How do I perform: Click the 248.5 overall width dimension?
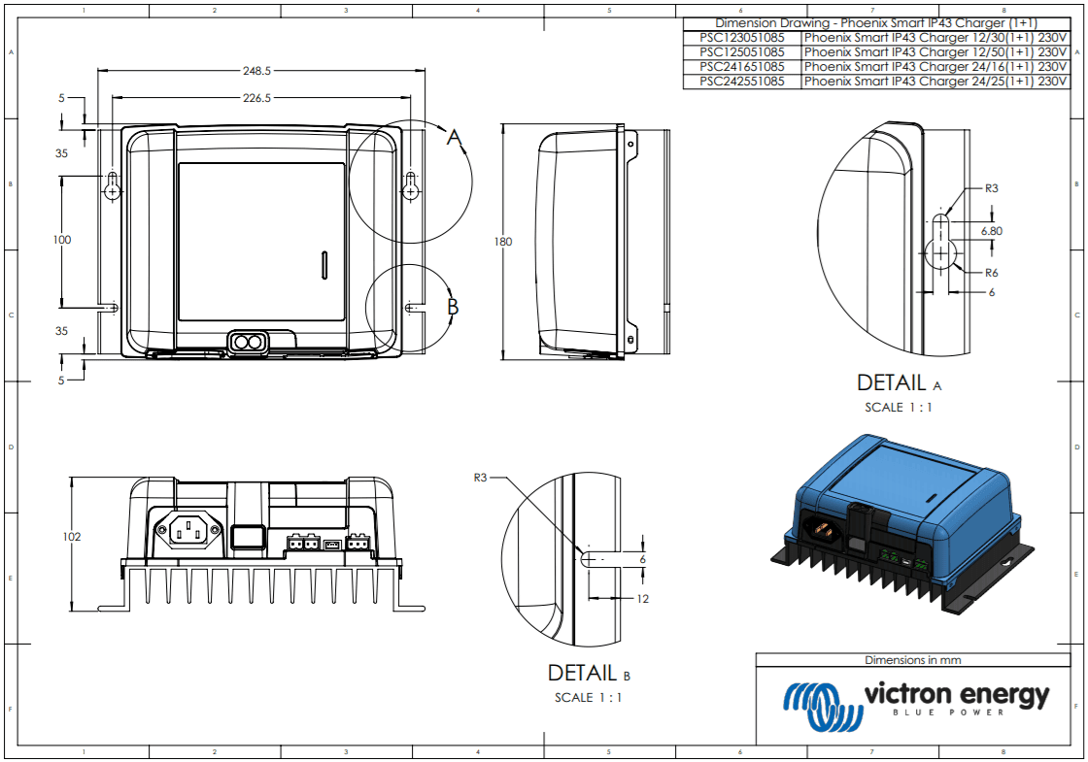coord(256,71)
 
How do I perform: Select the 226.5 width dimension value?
coord(256,98)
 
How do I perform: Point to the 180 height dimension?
coord(503,242)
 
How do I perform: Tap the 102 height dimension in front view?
coord(71,537)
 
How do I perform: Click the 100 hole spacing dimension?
coord(62,240)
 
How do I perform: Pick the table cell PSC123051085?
coord(742,38)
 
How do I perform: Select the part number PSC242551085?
coord(742,82)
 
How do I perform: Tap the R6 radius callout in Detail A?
coord(991,273)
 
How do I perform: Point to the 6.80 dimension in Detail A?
coord(991,231)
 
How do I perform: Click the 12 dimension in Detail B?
coord(642,599)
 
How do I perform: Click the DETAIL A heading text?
coord(899,383)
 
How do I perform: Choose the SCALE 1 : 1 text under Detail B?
coord(588,697)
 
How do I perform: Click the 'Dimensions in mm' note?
coord(912,660)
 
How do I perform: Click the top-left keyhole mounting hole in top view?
coord(113,187)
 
